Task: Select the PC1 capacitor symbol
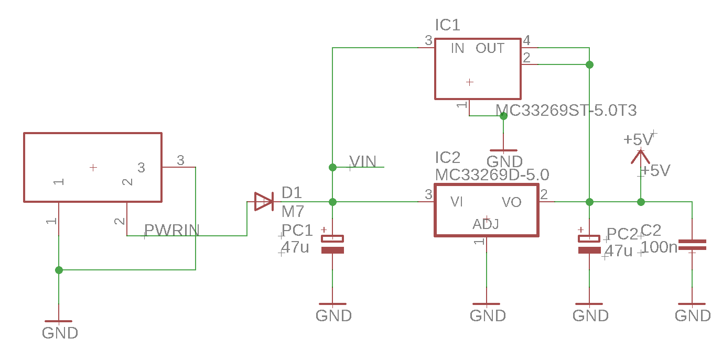point(332,244)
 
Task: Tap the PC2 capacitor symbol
point(589,244)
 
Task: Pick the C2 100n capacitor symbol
point(692,244)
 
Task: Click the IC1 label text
point(447,25)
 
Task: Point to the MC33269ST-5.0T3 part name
point(566,111)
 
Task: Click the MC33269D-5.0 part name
point(492,174)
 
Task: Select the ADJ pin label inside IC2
point(486,225)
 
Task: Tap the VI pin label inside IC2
point(457,202)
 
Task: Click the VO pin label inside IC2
point(511,202)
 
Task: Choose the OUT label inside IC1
point(490,48)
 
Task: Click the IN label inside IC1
point(457,48)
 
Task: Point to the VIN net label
point(363,161)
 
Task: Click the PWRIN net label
point(172,230)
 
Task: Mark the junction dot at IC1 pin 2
point(589,64)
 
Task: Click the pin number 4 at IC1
point(526,40)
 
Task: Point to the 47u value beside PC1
point(295,247)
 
